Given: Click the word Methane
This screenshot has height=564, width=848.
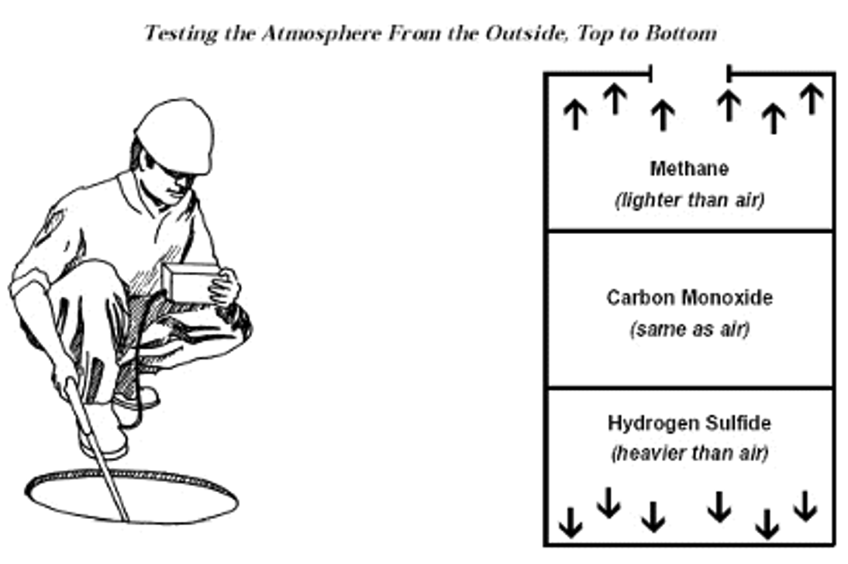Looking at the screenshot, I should coord(689,168).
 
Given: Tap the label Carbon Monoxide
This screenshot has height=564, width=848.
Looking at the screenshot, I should coord(689,297).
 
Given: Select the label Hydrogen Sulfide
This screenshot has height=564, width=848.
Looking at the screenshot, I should coord(689,424).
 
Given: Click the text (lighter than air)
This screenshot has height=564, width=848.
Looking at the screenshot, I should coord(689,200).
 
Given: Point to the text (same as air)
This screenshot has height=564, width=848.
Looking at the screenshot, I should coord(689,329).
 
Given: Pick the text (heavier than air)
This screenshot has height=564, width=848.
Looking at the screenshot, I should coord(689,454).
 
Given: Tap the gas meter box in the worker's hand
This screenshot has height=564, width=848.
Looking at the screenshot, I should coord(189,283).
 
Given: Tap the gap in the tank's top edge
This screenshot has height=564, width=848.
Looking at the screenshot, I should coord(689,74).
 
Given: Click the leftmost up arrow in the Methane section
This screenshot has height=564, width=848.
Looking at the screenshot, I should coord(574,115).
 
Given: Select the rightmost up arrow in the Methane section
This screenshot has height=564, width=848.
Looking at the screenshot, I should coord(811,98).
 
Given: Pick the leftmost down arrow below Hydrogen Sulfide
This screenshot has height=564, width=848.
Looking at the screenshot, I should coord(571,521).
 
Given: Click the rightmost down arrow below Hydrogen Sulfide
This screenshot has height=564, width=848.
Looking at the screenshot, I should coord(805,505).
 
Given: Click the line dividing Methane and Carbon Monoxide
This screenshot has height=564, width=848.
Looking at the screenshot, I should coord(689,231).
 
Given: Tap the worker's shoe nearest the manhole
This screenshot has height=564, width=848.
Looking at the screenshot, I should coord(105,442).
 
